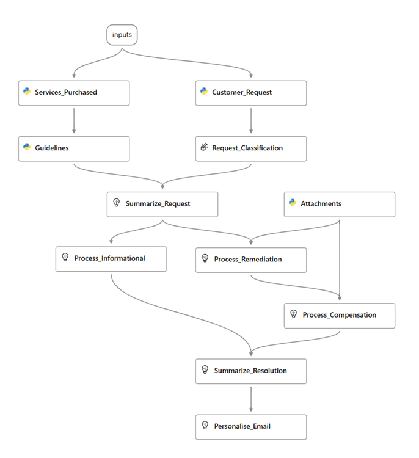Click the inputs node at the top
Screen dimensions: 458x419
tap(122, 35)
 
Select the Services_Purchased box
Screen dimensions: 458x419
tap(74, 93)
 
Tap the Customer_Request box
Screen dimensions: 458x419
tap(251, 93)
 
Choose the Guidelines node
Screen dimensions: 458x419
tap(74, 148)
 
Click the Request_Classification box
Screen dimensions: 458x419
tap(251, 148)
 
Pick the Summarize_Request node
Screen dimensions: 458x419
tap(162, 204)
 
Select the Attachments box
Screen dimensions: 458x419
tap(340, 204)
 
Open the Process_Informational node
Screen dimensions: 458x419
tap(111, 258)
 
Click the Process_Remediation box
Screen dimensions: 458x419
tap(251, 260)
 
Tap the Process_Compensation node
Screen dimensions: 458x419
tap(340, 315)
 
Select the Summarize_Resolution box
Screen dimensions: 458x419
tap(251, 371)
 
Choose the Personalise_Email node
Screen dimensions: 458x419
tap(251, 426)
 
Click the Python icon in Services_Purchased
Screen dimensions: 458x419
tap(27, 92)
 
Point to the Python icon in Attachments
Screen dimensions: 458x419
tap(293, 203)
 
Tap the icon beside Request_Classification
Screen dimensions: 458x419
tap(204, 147)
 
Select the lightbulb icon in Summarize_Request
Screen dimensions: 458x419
tap(115, 203)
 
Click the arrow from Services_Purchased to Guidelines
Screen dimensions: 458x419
tap(74, 120)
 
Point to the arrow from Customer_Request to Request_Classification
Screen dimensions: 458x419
tap(251, 120)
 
